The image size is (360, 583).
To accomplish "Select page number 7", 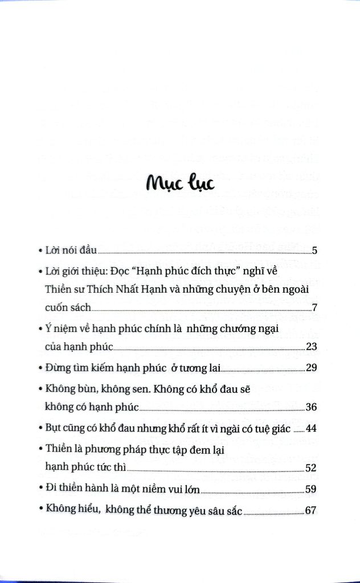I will [x=314, y=308].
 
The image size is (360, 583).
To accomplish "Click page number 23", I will [x=311, y=347].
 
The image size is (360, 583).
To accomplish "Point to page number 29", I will [x=311, y=368].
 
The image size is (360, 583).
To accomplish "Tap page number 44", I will [x=311, y=428].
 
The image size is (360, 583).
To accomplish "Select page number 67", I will [x=311, y=510].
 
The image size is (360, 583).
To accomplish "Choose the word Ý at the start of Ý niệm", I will [x=47, y=329].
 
